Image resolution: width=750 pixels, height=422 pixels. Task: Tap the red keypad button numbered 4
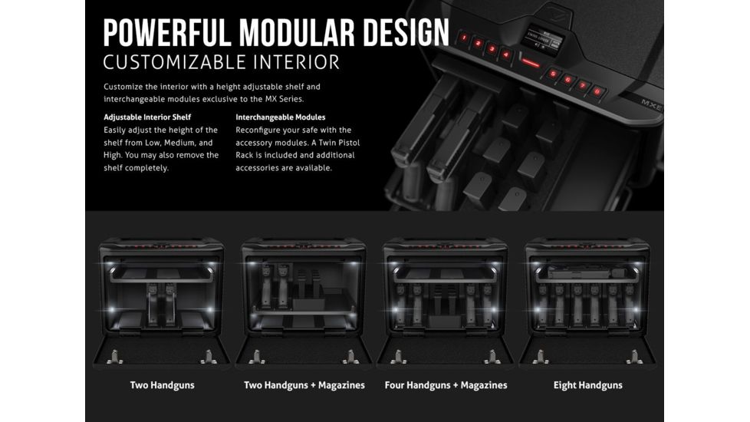(x=505, y=54)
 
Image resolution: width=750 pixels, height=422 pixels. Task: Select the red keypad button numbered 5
(x=553, y=74)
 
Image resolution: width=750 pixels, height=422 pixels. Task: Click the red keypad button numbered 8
(x=597, y=91)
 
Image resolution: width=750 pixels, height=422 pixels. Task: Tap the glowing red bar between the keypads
(x=530, y=63)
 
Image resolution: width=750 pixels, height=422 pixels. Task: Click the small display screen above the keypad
(x=543, y=39)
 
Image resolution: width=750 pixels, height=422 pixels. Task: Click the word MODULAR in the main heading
(x=297, y=33)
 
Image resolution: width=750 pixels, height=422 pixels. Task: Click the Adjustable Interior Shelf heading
(x=147, y=117)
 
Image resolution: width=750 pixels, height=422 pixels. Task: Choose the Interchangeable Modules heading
(x=281, y=117)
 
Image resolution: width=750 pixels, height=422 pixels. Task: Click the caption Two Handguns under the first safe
(x=162, y=385)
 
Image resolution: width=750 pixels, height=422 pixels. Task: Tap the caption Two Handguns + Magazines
(x=304, y=385)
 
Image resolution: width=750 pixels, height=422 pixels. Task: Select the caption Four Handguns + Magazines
(x=446, y=385)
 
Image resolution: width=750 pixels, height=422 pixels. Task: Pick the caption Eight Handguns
(x=588, y=385)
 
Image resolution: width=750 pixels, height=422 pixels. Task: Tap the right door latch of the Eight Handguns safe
(x=635, y=357)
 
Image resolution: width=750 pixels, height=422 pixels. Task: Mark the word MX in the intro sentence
(x=271, y=100)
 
